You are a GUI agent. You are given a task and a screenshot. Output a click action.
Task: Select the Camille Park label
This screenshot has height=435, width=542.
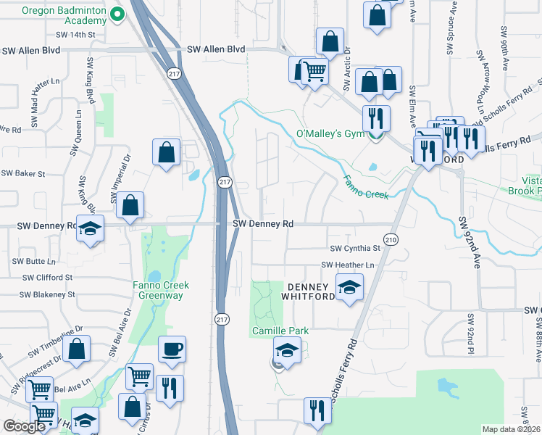pos(280,331)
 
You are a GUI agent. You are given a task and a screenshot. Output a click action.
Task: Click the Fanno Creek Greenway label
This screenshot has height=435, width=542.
pos(161,290)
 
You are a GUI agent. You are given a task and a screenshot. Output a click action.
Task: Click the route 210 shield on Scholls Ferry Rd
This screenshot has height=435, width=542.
pos(391,239)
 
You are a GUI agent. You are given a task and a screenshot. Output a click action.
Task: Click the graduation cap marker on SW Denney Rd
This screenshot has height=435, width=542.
pos(90,228)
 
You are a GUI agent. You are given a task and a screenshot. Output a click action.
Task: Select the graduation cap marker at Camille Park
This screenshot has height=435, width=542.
pos(287,351)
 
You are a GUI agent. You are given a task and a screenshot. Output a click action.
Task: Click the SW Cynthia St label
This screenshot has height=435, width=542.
pos(355,249)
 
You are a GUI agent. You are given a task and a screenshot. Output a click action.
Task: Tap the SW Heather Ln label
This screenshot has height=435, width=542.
pos(348,265)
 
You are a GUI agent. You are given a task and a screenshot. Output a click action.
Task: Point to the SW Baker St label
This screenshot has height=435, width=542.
pos(23,174)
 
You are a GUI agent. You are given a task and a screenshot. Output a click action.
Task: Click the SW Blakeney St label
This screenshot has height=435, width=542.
pos(47,295)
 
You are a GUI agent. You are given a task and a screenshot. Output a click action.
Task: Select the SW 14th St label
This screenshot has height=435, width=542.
pos(75,35)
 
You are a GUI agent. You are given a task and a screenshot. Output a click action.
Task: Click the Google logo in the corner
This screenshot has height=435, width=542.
pos(24,427)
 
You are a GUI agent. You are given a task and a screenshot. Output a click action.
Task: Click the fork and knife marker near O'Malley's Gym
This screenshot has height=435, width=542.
pos(376,118)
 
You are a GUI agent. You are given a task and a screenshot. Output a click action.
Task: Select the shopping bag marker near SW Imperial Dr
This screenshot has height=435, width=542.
pos(130,206)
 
